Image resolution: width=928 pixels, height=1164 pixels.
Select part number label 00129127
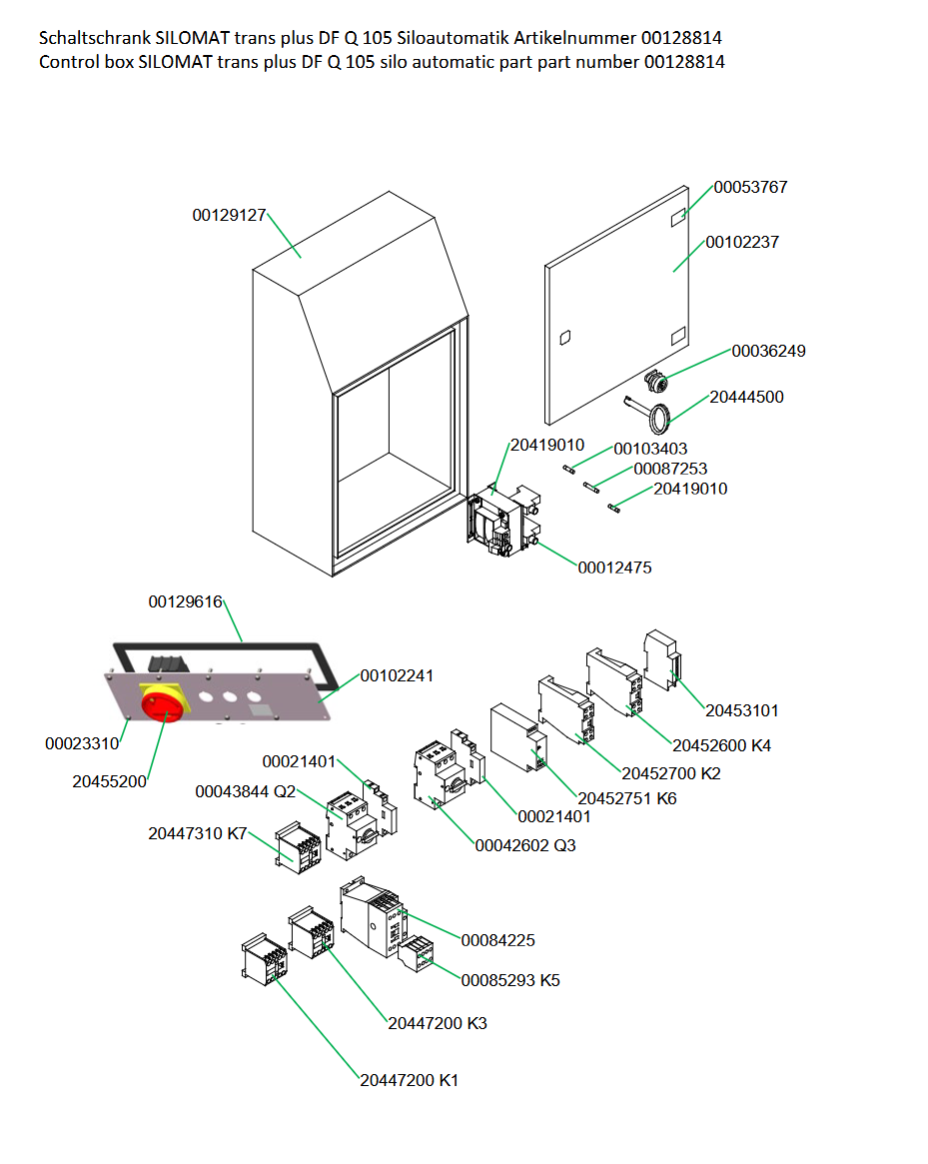click(x=229, y=215)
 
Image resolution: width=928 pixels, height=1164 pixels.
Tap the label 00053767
click(x=750, y=187)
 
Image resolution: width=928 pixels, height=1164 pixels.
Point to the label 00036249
click(x=768, y=351)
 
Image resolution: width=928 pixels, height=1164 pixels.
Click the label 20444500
click(x=746, y=397)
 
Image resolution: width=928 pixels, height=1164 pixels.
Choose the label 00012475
click(x=614, y=568)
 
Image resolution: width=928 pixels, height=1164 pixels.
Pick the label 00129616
click(x=185, y=601)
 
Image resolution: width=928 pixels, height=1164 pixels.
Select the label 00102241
click(x=397, y=675)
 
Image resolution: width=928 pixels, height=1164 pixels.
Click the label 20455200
click(x=109, y=781)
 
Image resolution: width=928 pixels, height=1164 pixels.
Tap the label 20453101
click(x=742, y=710)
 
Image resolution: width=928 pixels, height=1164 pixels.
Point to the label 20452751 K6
click(x=626, y=798)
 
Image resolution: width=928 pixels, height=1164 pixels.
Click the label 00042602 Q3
click(x=524, y=845)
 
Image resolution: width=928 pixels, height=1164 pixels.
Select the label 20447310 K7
click(x=197, y=833)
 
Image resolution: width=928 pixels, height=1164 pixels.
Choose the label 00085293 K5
click(x=509, y=980)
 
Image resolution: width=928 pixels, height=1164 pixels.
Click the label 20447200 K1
click(x=410, y=1080)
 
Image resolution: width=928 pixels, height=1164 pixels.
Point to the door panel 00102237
click(x=619, y=310)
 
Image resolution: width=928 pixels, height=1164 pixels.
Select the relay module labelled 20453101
click(x=661, y=661)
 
